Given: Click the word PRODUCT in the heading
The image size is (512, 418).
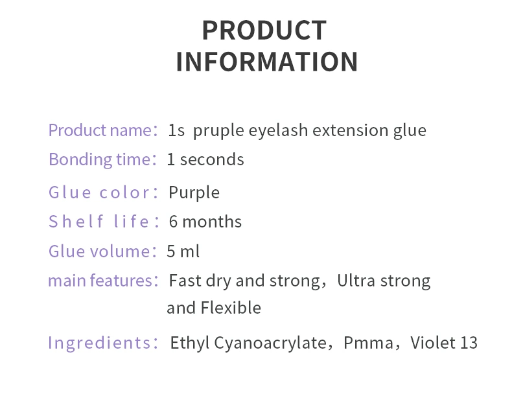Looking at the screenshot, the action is pos(264,30).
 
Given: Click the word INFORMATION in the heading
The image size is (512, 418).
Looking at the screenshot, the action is pos(267,62).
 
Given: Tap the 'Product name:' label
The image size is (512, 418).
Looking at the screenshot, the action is pos(103,130).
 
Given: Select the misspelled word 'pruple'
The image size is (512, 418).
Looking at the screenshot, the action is pos(218,131).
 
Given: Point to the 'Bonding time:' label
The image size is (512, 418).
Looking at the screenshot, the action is pos(102,159).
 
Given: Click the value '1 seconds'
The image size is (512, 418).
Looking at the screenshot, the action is pos(205,159).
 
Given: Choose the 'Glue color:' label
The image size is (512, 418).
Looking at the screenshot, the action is pos(103,192).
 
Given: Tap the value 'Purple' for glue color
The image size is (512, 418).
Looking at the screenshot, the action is pos(194,192).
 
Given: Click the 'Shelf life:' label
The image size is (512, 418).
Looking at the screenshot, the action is pos(104,222).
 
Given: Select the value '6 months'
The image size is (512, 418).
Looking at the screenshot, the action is pos(205,222).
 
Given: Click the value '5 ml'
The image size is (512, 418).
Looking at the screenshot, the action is pos(183,251).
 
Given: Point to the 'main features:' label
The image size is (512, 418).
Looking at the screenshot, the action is pos(103,281).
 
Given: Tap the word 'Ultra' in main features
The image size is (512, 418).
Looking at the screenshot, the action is pos(356,281).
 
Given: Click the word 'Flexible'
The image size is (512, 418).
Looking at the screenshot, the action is pos(231,308).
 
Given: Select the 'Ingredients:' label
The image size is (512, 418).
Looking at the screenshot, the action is pos(103,343).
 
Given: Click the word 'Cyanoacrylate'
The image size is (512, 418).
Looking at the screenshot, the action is pos(270,343).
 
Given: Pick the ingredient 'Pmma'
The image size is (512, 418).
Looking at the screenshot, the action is pos(368,343).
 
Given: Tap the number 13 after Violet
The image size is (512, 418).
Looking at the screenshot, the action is pos(469,343).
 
